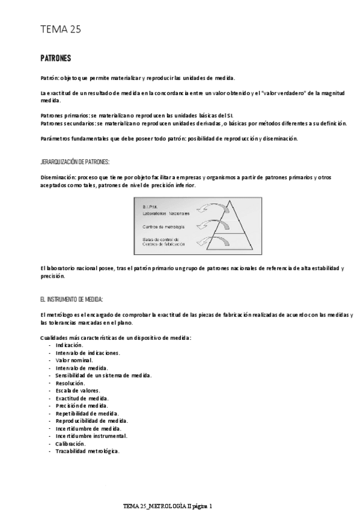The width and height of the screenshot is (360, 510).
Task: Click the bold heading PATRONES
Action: point(55,58)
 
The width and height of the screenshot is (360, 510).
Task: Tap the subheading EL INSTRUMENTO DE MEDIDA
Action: point(72,298)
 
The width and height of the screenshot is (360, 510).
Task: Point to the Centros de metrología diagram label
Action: point(163,227)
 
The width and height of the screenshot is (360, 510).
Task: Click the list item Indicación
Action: point(69,346)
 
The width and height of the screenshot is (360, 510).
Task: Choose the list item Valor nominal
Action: point(74,360)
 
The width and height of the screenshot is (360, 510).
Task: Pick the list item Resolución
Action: point(70,383)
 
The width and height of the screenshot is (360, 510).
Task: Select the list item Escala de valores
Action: point(78,390)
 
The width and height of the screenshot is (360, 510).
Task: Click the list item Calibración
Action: point(71,443)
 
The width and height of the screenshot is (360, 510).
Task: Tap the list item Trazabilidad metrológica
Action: point(87,451)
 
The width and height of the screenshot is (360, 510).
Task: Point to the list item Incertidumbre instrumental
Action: point(91,436)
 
